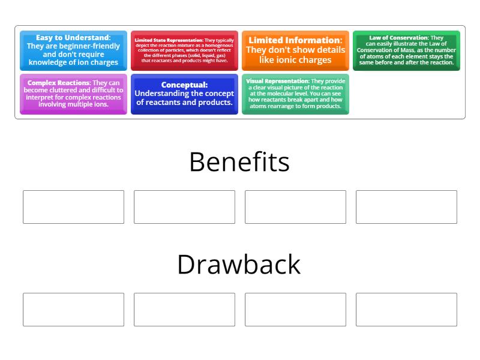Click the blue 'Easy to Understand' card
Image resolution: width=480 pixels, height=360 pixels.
click(x=73, y=50)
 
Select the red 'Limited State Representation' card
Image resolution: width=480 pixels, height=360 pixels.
click(x=184, y=50)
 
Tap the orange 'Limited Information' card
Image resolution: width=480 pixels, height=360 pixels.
click(x=295, y=50)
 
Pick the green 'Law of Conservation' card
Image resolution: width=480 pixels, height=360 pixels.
click(x=406, y=50)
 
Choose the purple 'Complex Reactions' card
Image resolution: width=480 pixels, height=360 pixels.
click(x=73, y=94)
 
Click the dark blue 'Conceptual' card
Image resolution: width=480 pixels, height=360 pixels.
click(x=184, y=94)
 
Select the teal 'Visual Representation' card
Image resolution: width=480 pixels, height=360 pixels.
click(x=295, y=94)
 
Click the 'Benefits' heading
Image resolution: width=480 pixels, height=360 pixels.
click(x=239, y=162)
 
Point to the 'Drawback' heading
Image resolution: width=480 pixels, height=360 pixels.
click(x=239, y=265)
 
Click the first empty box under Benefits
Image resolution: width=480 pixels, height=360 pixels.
click(x=73, y=207)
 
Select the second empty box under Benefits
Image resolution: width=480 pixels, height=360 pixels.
click(x=184, y=207)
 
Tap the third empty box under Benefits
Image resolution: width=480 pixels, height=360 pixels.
click(x=295, y=207)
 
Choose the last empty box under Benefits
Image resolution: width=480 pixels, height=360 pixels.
click(x=406, y=207)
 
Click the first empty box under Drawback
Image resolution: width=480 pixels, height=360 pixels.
click(x=73, y=310)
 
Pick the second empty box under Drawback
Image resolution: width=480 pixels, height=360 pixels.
click(x=184, y=310)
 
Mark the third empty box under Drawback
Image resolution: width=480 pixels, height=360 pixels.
click(x=295, y=310)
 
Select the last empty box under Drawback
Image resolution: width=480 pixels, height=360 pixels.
click(x=406, y=310)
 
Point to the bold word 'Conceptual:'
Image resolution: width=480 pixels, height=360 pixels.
click(x=184, y=85)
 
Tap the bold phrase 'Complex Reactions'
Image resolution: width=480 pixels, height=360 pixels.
click(x=58, y=83)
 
